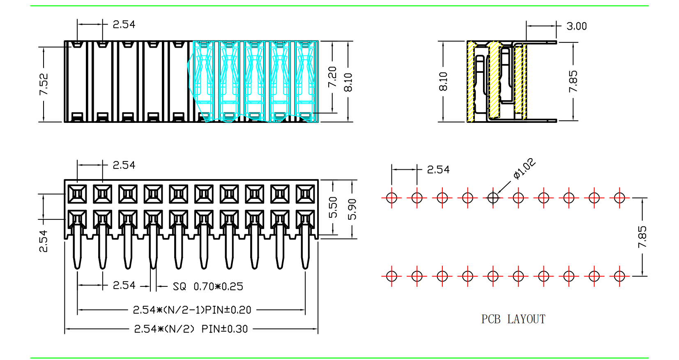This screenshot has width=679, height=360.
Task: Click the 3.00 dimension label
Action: (x=577, y=26)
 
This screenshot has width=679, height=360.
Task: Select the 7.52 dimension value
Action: (x=44, y=84)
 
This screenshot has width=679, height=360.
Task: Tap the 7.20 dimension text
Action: (x=333, y=77)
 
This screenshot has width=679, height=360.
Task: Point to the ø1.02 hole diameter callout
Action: (x=525, y=168)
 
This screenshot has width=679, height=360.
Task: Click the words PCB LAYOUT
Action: (x=513, y=319)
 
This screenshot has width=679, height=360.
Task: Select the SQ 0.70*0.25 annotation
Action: (x=208, y=286)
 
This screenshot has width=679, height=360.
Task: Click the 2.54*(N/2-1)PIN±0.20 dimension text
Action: (x=192, y=310)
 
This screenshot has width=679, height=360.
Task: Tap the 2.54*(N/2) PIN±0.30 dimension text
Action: (x=191, y=329)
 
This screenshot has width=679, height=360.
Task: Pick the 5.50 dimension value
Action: (x=333, y=208)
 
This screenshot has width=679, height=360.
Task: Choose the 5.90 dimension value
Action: (x=352, y=209)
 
